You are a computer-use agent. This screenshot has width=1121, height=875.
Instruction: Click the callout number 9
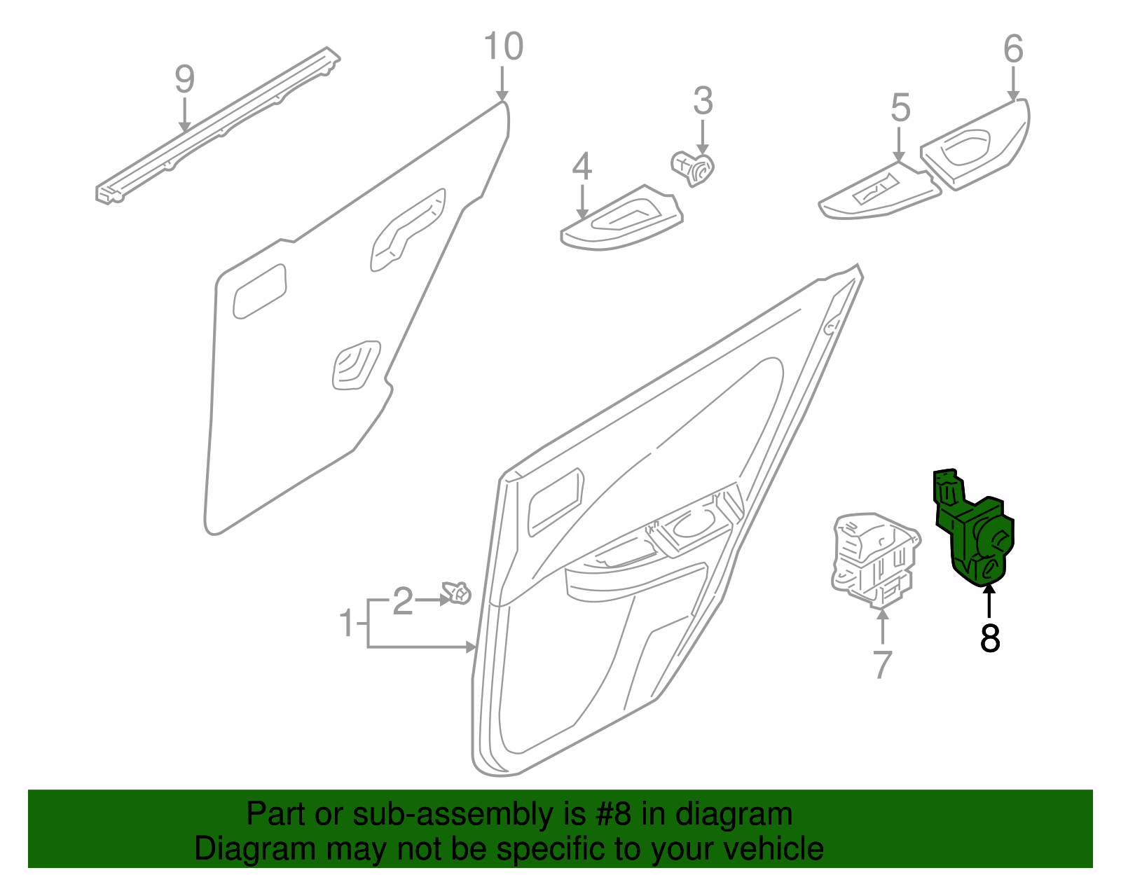pyautogui.click(x=184, y=79)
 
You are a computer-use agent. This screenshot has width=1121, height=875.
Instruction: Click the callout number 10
pyautogui.click(x=503, y=47)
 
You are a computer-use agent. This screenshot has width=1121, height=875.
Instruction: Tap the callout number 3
pyautogui.click(x=703, y=102)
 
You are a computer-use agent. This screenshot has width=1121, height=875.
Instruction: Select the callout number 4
pyautogui.click(x=582, y=167)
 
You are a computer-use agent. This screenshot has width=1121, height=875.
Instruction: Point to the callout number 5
pyautogui.click(x=900, y=109)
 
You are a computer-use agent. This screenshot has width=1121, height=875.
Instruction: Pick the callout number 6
pyautogui.click(x=1013, y=49)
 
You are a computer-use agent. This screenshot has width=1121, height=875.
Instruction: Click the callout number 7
pyautogui.click(x=882, y=663)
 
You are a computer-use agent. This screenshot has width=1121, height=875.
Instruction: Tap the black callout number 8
pyautogui.click(x=989, y=638)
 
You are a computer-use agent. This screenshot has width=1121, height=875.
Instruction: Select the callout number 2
pyautogui.click(x=403, y=601)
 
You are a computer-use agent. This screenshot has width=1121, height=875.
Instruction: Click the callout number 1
pyautogui.click(x=347, y=623)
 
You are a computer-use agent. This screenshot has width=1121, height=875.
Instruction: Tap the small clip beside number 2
pyautogui.click(x=457, y=593)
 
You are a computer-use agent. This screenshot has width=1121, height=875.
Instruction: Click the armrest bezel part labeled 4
pyautogui.click(x=620, y=221)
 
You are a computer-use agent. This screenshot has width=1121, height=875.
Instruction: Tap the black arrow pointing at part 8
pyautogui.click(x=989, y=601)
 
